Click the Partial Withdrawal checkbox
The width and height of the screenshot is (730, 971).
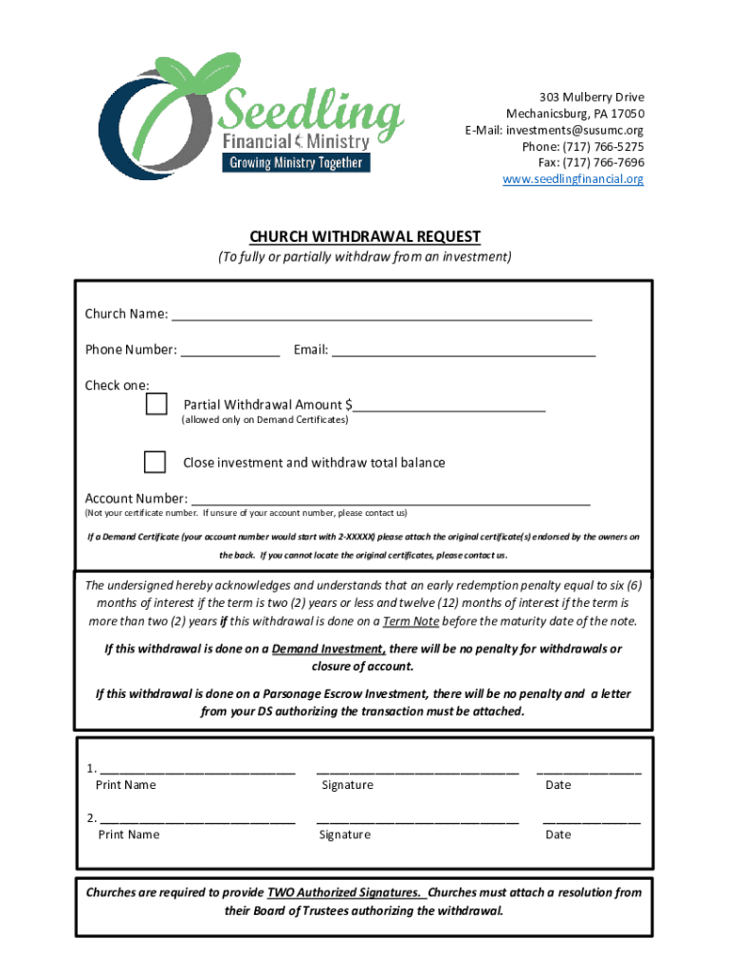156,405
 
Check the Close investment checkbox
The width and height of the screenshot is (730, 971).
155,462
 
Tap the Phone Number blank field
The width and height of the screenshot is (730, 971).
230,351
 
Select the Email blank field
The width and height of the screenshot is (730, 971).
464,351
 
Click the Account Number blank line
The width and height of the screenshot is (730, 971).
390,500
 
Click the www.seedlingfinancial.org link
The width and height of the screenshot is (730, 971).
573,178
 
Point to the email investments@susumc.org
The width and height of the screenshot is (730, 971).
575,130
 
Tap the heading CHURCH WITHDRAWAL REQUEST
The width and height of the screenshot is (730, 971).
365,236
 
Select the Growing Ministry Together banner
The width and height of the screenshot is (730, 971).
296,162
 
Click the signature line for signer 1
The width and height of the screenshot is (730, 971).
417,770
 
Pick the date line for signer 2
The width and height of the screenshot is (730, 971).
591,819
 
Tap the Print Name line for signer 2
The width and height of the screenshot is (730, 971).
197,819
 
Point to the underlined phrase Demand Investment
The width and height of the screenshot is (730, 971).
328,650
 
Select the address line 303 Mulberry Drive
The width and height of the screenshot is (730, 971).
592,98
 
